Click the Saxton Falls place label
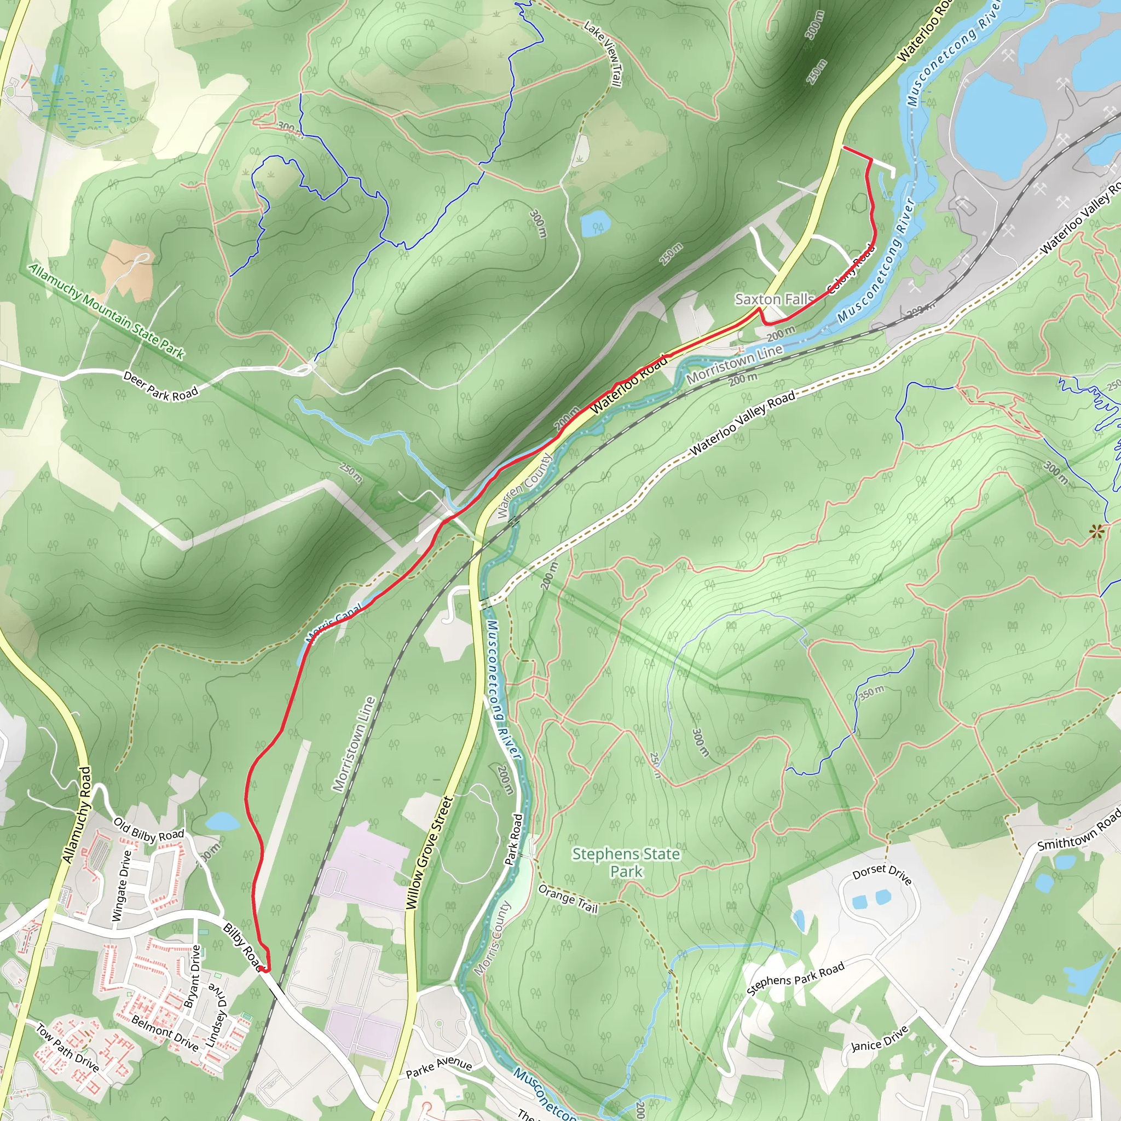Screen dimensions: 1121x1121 [774, 299]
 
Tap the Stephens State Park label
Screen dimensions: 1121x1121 [626, 862]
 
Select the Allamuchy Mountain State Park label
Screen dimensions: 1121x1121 [106, 311]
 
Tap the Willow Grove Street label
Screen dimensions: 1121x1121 [429, 853]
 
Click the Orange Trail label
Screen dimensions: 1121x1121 [568, 898]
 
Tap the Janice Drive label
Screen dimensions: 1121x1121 [879, 1038]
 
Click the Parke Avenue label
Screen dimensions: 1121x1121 [438, 1067]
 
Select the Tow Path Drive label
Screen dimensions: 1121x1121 [67, 1047]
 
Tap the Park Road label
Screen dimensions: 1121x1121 [513, 840]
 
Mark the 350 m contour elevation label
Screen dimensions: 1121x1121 [871, 693]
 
